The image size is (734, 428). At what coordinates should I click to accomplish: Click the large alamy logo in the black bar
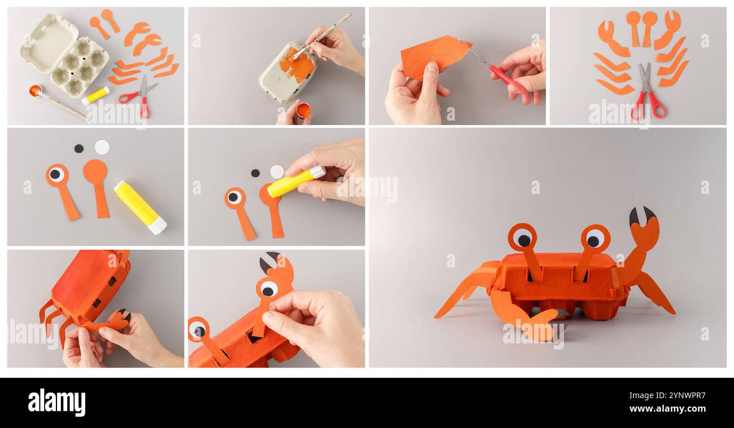56,403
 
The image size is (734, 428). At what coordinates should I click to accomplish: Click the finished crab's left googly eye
522,237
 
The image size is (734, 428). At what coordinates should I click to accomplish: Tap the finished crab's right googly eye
595,239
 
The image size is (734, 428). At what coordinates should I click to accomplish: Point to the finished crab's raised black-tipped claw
644,228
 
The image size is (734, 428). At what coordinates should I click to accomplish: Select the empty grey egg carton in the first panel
63,55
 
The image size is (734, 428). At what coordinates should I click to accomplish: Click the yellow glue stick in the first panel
95,95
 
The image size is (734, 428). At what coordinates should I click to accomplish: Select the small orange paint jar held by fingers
303,110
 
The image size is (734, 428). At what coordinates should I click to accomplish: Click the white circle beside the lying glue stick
102,147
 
